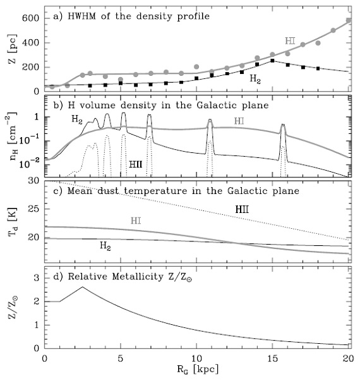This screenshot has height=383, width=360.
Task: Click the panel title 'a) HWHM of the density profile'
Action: [131, 16]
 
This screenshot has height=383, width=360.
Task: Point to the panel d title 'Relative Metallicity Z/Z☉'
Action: [129, 277]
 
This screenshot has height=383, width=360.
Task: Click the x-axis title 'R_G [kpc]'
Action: [198, 369]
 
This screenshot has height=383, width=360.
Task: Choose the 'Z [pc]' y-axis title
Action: [12, 49]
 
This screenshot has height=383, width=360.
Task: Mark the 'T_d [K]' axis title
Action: [12, 222]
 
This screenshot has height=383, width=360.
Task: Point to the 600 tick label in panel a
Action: [30, 18]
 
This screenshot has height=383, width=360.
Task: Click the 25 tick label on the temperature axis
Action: [34, 209]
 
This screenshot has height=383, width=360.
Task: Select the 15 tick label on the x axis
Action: [272, 358]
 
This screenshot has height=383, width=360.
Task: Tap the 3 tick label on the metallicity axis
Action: [37, 277]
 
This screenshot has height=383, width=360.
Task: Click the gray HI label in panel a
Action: [290, 41]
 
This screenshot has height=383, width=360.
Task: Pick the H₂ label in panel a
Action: [255, 79]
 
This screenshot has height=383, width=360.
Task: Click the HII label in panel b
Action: [135, 164]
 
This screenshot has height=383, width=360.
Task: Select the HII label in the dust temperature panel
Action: [242, 210]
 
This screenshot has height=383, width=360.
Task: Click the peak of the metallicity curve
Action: [83, 287]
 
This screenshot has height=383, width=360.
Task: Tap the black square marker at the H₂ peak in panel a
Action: [272, 60]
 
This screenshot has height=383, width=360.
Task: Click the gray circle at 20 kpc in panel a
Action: [349, 20]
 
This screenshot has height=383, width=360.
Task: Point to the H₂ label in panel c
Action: [105, 245]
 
